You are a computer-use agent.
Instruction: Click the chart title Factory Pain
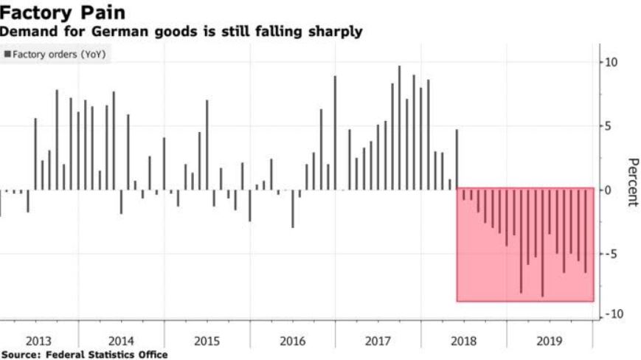pyautogui.click(x=63, y=13)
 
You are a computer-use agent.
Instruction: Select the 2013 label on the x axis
pyautogui.click(x=38, y=342)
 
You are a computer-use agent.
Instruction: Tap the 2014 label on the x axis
pyautogui.click(x=121, y=342)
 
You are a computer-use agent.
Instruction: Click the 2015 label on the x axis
pyautogui.click(x=207, y=342)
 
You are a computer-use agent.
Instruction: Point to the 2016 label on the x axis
pyautogui.click(x=292, y=342)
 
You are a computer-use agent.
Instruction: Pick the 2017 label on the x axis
pyautogui.click(x=378, y=342)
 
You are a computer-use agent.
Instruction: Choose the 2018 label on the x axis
pyautogui.click(x=463, y=342)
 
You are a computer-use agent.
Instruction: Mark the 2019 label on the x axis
pyautogui.click(x=549, y=342)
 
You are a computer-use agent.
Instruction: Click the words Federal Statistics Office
pyautogui.click(x=107, y=355)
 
